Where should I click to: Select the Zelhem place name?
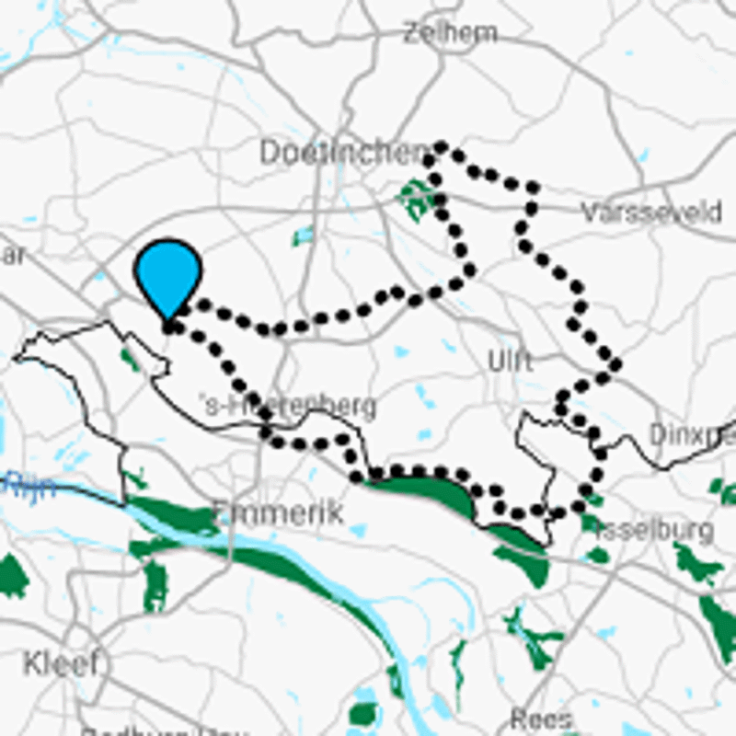click(x=450, y=33)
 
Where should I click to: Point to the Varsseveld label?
click(x=651, y=213)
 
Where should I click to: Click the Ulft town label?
click(x=511, y=362)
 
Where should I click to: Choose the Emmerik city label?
click(x=278, y=512)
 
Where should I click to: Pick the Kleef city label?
click(x=61, y=662)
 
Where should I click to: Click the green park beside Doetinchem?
click(x=416, y=198)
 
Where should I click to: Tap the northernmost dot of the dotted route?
click(x=442, y=147)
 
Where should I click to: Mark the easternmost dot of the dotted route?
click(x=615, y=365)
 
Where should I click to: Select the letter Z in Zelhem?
click(x=412, y=33)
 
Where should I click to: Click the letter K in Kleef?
click(x=33, y=662)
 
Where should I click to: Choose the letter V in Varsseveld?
click(x=590, y=213)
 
